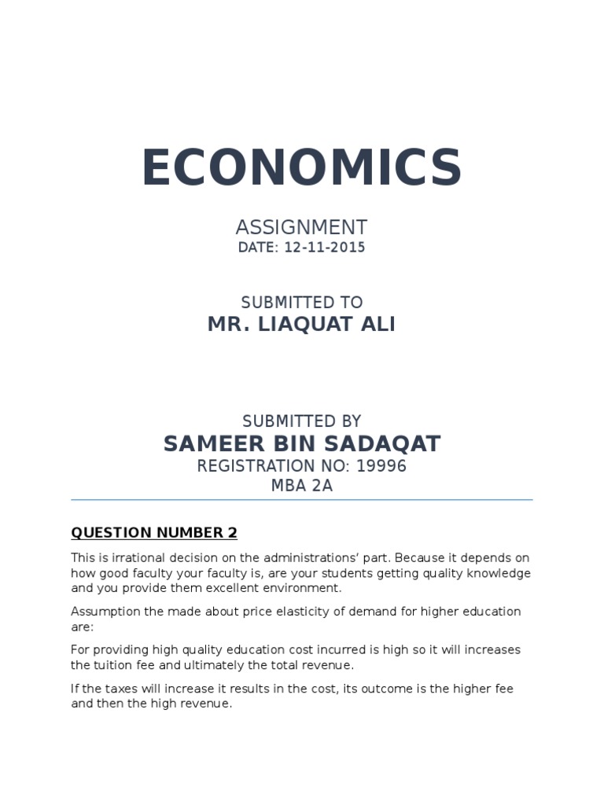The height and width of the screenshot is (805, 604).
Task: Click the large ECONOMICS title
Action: click(x=302, y=167)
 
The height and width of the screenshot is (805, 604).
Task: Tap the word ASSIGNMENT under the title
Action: click(x=301, y=228)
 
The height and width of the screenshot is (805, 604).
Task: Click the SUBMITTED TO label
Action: click(x=301, y=302)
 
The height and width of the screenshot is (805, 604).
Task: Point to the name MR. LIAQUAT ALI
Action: click(x=301, y=323)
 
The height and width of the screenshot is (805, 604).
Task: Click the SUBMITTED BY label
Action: click(x=301, y=421)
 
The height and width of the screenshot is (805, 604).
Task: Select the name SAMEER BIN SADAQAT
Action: click(x=302, y=443)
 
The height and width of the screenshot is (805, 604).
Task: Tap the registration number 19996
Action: click(x=381, y=466)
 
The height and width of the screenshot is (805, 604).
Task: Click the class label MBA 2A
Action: click(x=301, y=486)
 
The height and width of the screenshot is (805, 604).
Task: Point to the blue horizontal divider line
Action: click(x=301, y=499)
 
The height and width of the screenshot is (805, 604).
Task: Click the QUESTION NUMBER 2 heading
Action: click(x=154, y=533)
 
